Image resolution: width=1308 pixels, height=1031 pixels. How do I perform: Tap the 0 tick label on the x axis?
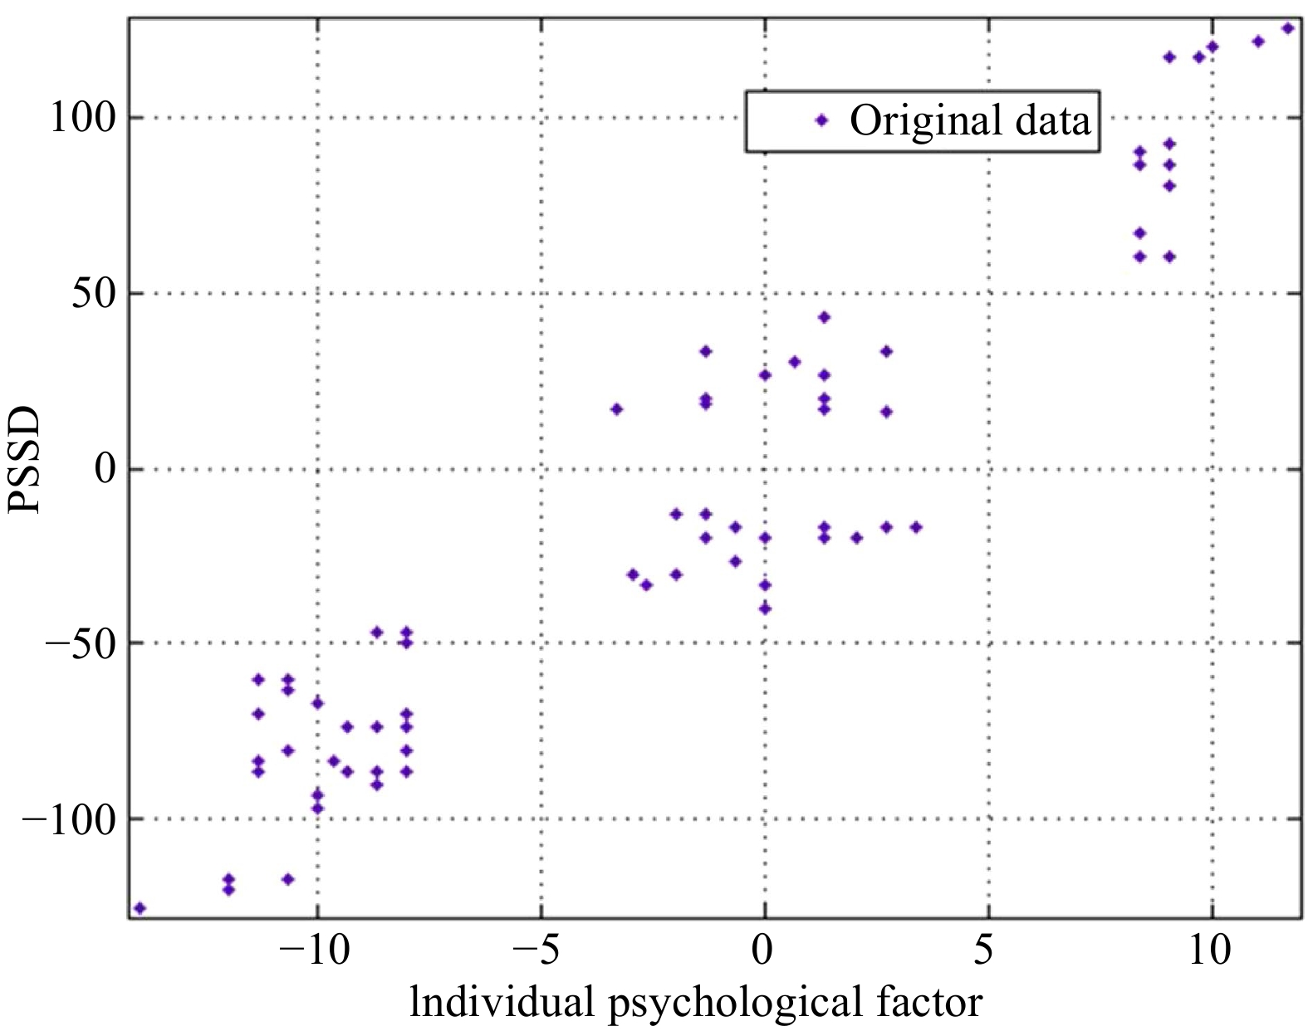pos(764,951)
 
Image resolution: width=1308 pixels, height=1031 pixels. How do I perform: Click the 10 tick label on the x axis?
pos(1209,951)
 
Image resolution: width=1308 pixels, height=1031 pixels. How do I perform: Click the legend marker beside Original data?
pos(821,120)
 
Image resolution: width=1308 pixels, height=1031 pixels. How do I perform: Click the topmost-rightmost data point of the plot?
pos(1288,28)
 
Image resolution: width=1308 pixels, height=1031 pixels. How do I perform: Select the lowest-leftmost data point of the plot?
pos(140,908)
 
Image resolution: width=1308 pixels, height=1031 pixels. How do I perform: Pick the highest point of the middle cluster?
pos(824,317)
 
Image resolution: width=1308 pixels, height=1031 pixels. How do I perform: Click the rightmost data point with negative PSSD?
pos(916,527)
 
